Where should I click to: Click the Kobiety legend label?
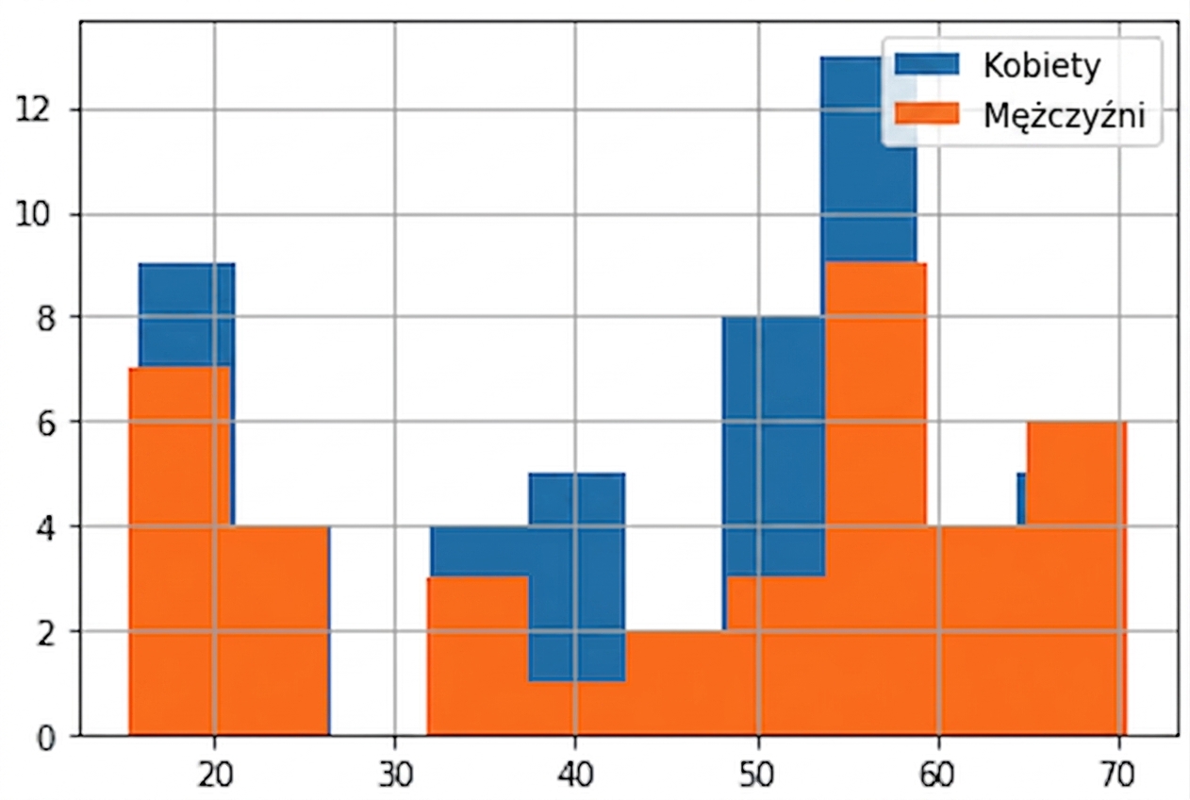pyautogui.click(x=1042, y=65)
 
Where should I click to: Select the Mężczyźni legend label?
pyautogui.click(x=1064, y=116)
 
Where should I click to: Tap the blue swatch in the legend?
pyautogui.click(x=927, y=64)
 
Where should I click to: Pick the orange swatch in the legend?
pyautogui.click(x=927, y=113)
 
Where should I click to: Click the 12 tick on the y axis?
pyautogui.click(x=35, y=110)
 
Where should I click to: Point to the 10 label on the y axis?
pyautogui.click(x=35, y=215)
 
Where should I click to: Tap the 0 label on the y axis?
pyautogui.click(x=45, y=737)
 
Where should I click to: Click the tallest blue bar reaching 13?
pyautogui.click(x=868, y=159)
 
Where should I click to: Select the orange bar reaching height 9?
pyautogui.click(x=875, y=500)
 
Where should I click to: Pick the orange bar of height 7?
pyautogui.click(x=179, y=551)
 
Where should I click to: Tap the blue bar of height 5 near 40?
pyautogui.click(x=577, y=576)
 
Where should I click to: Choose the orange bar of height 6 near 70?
pyautogui.click(x=1076, y=579)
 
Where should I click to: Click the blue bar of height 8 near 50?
pyautogui.click(x=773, y=446)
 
